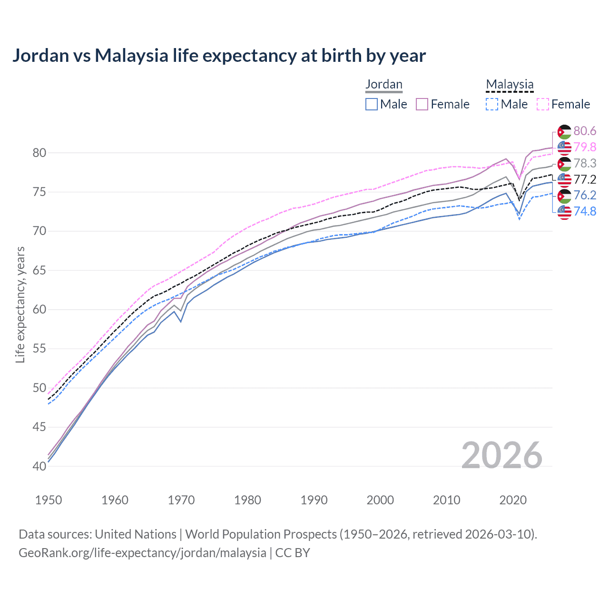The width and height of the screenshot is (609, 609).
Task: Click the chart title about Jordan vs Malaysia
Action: pos(219,56)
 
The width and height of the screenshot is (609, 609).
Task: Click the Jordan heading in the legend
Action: pos(384,84)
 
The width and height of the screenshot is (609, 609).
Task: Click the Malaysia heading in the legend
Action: pos(510,84)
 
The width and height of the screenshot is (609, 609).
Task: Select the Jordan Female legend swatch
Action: pos(422,104)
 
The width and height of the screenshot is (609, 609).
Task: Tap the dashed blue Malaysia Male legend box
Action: pos(492,104)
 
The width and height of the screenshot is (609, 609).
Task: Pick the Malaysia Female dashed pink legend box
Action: pos(543,104)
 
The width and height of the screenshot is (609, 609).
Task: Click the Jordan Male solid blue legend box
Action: pos(372,104)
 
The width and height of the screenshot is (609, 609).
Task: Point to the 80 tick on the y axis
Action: pos(39,153)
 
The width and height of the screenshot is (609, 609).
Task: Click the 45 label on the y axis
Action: pos(39,427)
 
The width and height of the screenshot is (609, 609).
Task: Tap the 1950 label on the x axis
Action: pos(49,500)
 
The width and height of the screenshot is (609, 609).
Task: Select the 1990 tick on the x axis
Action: pos(314,500)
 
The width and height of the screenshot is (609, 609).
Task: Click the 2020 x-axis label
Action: pos(513,500)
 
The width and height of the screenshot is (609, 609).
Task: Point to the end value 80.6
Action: pos(585,131)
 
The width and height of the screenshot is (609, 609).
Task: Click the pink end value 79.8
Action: pos(585,147)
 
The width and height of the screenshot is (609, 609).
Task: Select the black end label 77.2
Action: pos(585,179)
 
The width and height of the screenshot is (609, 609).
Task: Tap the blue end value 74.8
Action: pos(585,211)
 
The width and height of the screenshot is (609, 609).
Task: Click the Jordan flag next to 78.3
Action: pos(564,164)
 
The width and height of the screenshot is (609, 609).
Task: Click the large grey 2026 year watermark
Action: pos(502,455)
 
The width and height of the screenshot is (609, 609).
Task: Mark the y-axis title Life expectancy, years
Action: pos(20,304)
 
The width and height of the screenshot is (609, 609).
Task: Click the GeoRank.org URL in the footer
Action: pos(142,553)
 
